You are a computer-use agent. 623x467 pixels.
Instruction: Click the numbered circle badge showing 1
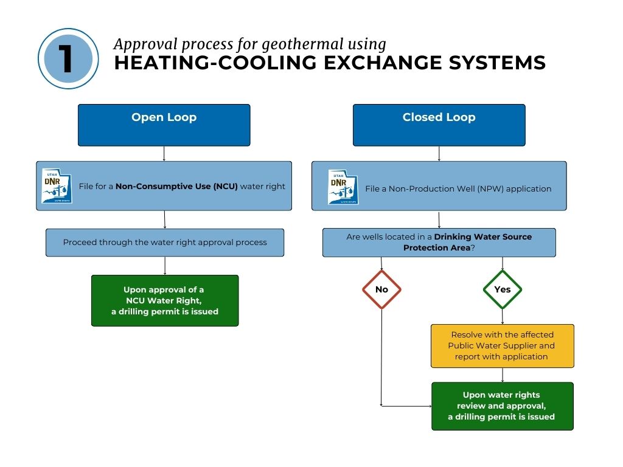68,59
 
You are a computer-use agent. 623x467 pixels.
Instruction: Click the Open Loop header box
164,125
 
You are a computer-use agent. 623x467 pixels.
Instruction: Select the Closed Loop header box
439,125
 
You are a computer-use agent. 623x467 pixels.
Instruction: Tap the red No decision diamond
381,289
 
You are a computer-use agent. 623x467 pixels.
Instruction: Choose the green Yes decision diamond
503,289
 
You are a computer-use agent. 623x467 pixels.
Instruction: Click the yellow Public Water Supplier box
502,346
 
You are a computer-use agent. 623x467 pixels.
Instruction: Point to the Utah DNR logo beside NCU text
57,186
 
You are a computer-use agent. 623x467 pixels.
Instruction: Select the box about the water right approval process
165,242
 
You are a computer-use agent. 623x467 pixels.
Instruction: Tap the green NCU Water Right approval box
164,300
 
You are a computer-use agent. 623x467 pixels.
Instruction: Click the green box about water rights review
502,406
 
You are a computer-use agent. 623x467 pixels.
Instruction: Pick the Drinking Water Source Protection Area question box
439,242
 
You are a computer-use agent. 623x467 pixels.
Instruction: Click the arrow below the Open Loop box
164,154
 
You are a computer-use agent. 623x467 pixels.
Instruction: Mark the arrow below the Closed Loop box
439,154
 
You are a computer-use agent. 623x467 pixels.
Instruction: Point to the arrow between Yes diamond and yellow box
503,317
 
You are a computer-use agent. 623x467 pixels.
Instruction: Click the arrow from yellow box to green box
503,375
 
